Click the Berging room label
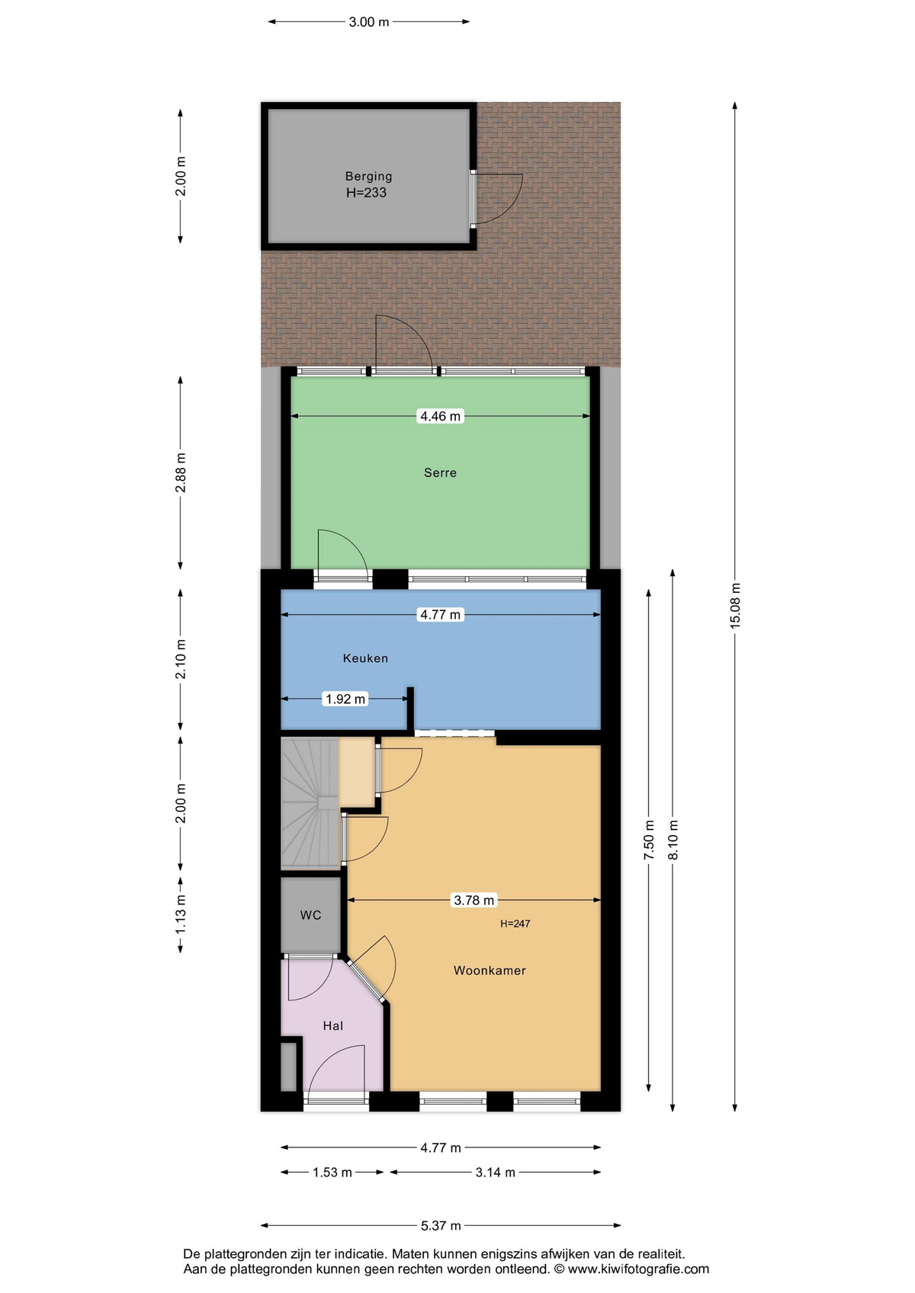coord(368,176)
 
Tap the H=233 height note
coord(366,193)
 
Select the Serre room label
coord(440,472)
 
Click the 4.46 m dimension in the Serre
coord(440,416)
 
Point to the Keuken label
coord(365,658)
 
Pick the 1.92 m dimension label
coord(345,699)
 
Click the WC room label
coord(310,915)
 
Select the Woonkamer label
coord(490,971)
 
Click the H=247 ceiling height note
coord(515,923)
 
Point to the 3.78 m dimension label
coord(474,900)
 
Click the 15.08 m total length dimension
coord(735,606)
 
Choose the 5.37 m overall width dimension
coord(441,1225)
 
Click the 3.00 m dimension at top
coord(369,22)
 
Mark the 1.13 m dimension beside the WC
coord(181,915)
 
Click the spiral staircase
coord(310,803)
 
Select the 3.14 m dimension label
coord(496,1173)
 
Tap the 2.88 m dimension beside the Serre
coord(181,472)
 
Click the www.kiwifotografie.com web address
coord(638,1269)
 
